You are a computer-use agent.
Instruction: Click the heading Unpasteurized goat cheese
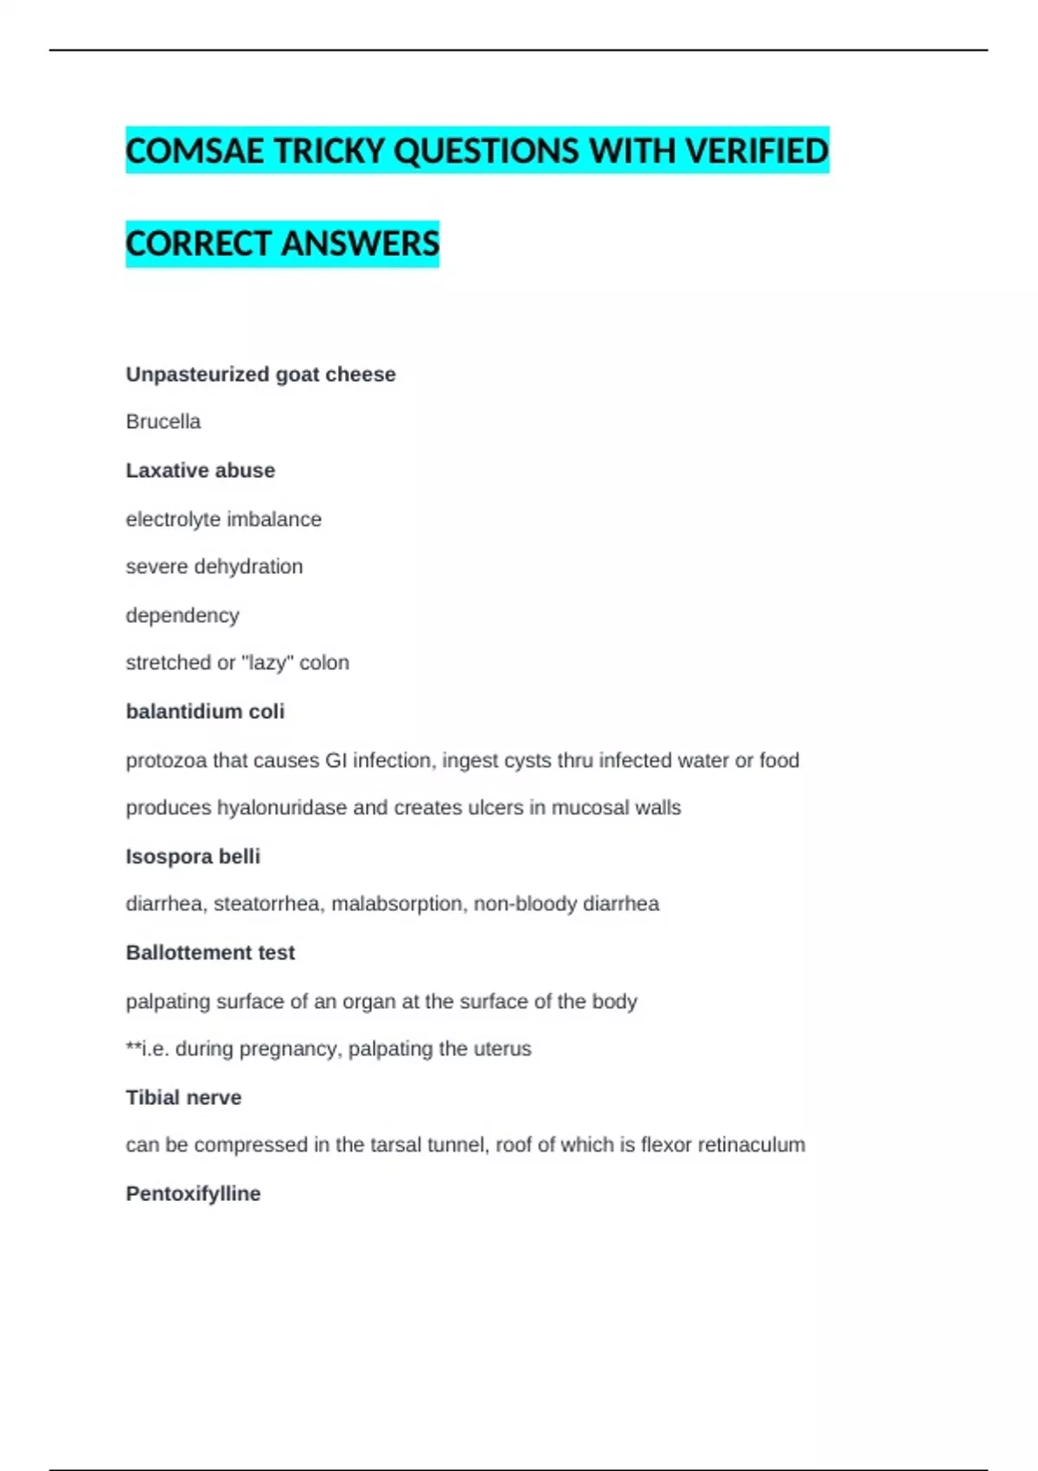click(260, 375)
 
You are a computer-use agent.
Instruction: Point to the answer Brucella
click(163, 422)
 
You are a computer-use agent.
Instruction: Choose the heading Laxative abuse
click(201, 471)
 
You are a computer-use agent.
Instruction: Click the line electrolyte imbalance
click(223, 519)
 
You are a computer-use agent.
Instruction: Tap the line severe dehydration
click(215, 567)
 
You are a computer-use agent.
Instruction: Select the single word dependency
click(183, 615)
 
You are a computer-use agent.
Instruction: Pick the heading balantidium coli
click(205, 711)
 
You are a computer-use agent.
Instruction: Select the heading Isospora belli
click(193, 857)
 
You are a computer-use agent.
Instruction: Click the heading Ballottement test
click(210, 953)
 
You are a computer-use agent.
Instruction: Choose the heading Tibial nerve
click(183, 1097)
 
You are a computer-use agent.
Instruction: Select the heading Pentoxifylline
click(193, 1194)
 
